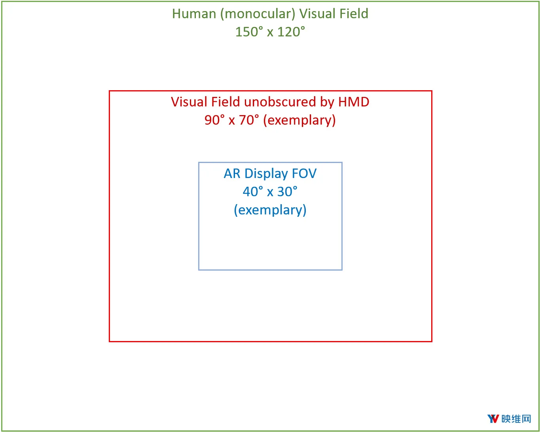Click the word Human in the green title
click(194, 13)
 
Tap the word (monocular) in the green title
click(258, 14)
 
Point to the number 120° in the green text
click(291, 32)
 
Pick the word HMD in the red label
click(354, 102)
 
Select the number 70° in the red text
click(249, 120)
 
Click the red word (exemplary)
click(299, 121)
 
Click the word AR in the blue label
click(232, 173)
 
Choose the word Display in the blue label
click(266, 174)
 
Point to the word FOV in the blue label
click(304, 173)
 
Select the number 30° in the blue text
click(287, 191)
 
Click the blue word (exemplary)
click(270, 210)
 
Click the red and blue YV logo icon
click(493, 419)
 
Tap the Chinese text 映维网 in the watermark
click(516, 419)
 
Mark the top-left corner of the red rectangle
click(110, 91)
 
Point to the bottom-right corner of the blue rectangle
click(342, 270)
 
